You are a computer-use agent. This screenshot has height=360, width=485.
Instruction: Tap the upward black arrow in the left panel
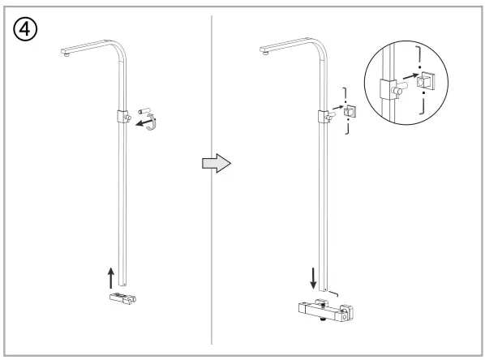(x=110, y=276)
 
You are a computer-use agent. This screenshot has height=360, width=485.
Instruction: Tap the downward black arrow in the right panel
(x=313, y=279)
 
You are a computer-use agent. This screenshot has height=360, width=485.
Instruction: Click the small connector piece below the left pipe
(x=122, y=300)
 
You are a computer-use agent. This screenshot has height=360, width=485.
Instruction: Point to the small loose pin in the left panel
(x=146, y=108)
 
